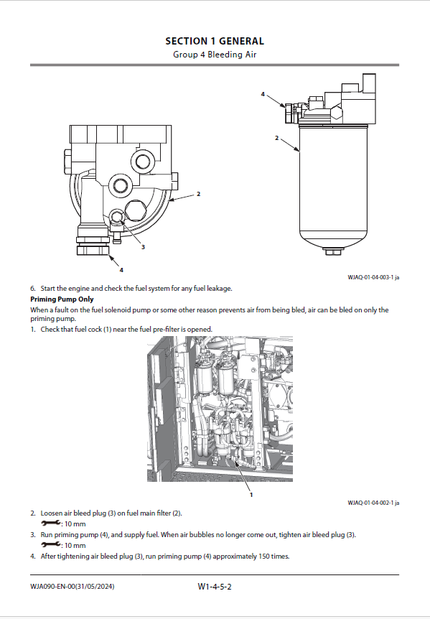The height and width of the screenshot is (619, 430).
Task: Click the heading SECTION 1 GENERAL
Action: pyautogui.click(x=215, y=41)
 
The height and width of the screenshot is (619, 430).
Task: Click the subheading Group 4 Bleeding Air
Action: pyautogui.click(x=215, y=55)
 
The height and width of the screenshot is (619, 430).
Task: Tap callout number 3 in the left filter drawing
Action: pyautogui.click(x=143, y=247)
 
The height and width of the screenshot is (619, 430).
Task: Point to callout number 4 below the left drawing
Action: pyautogui.click(x=121, y=270)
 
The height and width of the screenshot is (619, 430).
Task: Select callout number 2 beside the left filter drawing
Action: pyautogui.click(x=198, y=194)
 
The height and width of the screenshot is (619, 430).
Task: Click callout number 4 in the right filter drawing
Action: pyautogui.click(x=263, y=94)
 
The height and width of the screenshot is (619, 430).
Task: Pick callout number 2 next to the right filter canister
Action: pyautogui.click(x=276, y=138)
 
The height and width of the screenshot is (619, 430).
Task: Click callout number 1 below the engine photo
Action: pyautogui.click(x=251, y=495)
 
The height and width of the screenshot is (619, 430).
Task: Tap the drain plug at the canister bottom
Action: pyautogui.click(x=333, y=251)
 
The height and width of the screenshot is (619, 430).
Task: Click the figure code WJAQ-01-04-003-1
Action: pyautogui.click(x=370, y=277)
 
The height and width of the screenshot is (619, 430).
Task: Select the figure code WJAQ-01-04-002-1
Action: pyautogui.click(x=370, y=503)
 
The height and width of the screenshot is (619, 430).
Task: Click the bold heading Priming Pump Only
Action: pyautogui.click(x=62, y=299)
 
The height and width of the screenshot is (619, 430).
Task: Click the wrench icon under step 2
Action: pyautogui.click(x=50, y=523)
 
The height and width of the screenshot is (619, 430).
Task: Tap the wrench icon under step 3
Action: pyautogui.click(x=50, y=544)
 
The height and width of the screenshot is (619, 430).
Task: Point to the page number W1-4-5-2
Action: pyautogui.click(x=215, y=587)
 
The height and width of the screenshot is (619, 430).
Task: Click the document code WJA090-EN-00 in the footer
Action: pyautogui.click(x=52, y=587)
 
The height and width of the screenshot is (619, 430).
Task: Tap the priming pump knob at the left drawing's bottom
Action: pyautogui.click(x=93, y=249)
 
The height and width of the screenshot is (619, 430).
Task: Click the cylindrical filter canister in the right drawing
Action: pyautogui.click(x=333, y=185)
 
